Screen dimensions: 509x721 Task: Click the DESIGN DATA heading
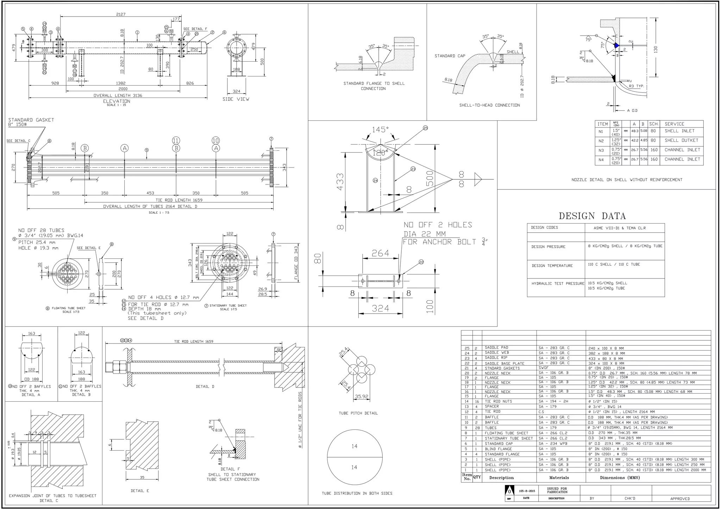click(x=592, y=216)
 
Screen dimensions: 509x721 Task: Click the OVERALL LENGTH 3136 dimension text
click(x=118, y=95)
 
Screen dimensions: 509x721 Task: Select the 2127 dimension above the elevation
click(x=121, y=14)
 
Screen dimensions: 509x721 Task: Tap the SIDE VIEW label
click(x=236, y=99)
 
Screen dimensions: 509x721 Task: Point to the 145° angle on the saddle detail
click(x=381, y=130)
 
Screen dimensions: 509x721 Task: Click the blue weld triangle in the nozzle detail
click(x=616, y=45)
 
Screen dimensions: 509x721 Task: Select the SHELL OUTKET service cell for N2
click(x=681, y=140)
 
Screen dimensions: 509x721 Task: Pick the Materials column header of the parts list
click(x=559, y=478)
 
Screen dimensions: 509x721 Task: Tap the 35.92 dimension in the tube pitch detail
click(x=362, y=397)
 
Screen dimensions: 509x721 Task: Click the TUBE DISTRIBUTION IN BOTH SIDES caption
click(x=357, y=493)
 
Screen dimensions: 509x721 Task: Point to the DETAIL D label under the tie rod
click(x=205, y=387)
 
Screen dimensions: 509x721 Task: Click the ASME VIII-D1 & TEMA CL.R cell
click(x=620, y=228)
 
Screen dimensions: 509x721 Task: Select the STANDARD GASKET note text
click(x=31, y=120)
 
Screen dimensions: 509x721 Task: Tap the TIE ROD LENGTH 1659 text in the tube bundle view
click(x=179, y=200)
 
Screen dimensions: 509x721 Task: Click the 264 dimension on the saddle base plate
click(x=381, y=253)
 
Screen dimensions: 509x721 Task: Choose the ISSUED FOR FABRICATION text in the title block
click(x=557, y=490)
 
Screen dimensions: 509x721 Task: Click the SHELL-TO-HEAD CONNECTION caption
click(x=489, y=105)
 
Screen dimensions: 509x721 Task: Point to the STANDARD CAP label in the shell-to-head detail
click(x=450, y=56)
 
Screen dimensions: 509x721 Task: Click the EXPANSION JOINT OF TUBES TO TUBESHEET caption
click(x=52, y=496)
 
